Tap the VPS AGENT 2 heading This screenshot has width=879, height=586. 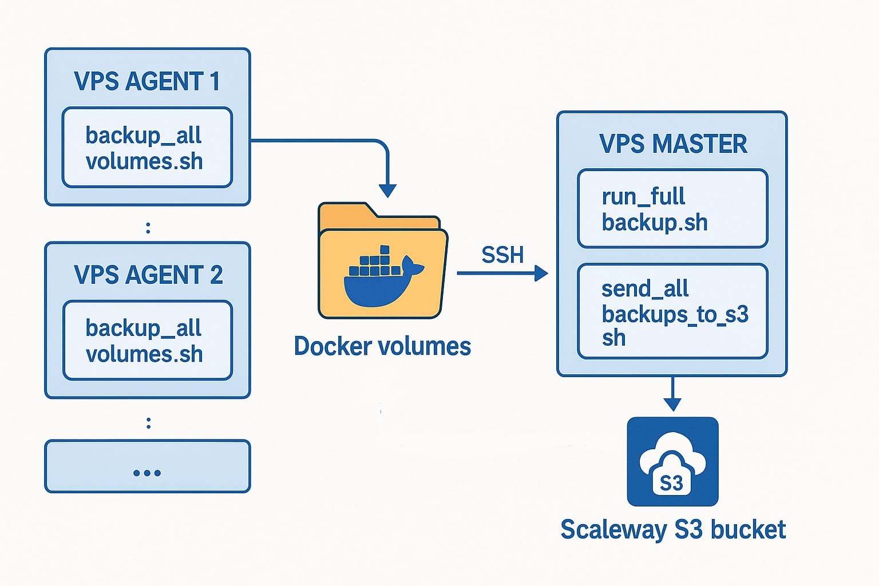click(148, 274)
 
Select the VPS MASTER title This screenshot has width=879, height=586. click(673, 144)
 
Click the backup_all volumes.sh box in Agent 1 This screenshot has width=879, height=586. click(147, 147)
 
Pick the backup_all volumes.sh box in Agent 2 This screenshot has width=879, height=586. click(148, 340)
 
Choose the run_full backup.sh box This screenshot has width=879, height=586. click(672, 208)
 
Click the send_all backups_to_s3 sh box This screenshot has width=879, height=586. click(672, 311)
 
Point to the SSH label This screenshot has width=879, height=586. click(502, 255)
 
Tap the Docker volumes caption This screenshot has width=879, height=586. click(383, 346)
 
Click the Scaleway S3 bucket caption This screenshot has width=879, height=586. click(673, 529)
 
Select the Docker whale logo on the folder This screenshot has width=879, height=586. click(384, 276)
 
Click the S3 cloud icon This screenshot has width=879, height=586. click(672, 462)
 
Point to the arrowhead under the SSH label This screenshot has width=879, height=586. click(541, 273)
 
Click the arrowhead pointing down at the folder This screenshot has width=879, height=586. click(387, 191)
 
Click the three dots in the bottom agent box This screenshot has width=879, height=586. click(147, 473)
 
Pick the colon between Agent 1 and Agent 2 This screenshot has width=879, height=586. click(148, 228)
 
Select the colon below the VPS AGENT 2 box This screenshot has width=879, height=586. click(148, 423)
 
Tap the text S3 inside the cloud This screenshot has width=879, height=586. click(671, 483)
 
